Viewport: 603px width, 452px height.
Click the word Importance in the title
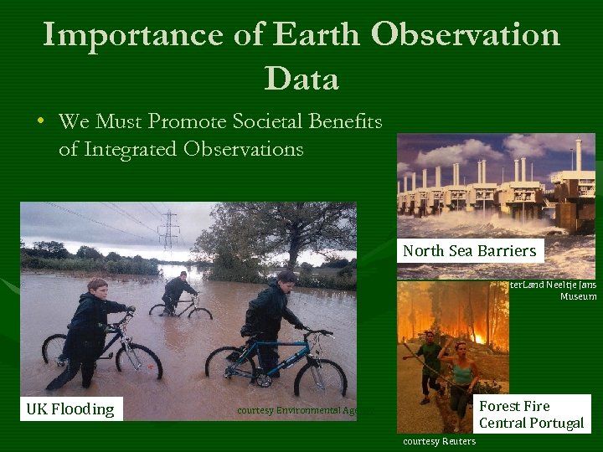[133, 34]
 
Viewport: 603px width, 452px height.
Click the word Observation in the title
[466, 34]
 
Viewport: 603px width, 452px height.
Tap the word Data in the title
[301, 79]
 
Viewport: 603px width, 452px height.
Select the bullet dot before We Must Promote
[40, 121]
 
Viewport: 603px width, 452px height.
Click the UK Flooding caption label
[70, 409]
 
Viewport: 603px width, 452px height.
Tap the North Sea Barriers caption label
[469, 251]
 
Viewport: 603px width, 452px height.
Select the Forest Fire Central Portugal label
[531, 414]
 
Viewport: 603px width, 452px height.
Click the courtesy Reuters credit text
[440, 441]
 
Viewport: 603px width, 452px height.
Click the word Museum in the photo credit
[579, 296]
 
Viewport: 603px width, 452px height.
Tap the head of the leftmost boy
[97, 286]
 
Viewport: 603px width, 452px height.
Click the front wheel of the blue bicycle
[320, 378]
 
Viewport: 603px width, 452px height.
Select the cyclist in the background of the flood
[178, 293]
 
